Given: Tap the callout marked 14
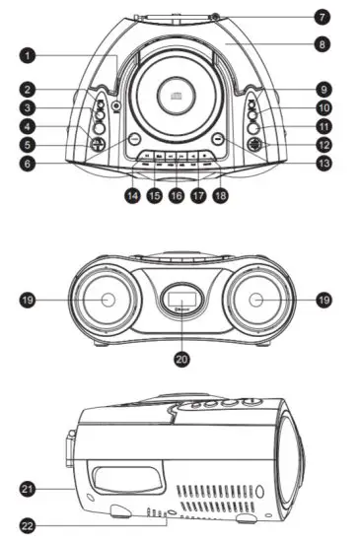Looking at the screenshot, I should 132,196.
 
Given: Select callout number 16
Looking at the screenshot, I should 176,196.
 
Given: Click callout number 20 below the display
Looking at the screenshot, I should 180,360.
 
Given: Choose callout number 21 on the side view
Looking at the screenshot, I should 29,487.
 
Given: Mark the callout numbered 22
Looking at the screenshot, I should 29,524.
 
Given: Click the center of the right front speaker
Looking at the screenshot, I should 258,300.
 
